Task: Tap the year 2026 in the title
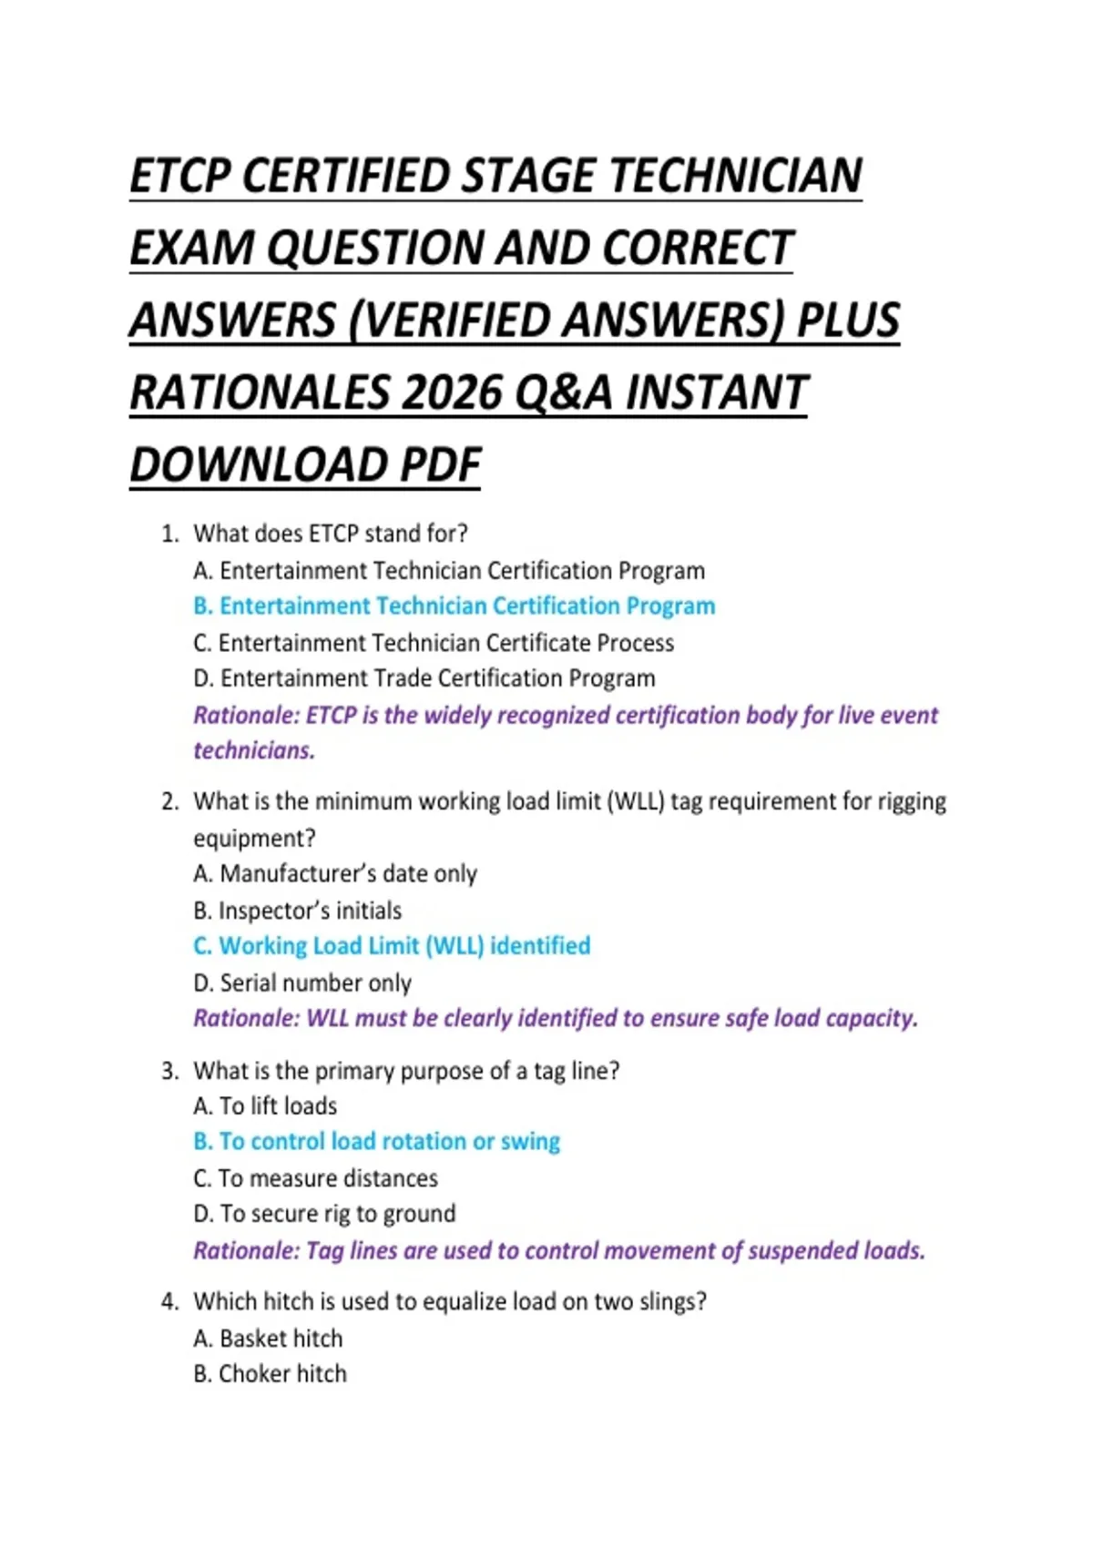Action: (452, 393)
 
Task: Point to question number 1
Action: (169, 534)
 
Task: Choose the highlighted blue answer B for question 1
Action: (454, 606)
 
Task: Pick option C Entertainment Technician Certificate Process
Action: (434, 643)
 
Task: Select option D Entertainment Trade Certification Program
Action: (424, 678)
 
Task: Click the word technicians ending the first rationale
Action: (254, 750)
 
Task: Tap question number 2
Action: (169, 802)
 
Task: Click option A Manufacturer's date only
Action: (335, 874)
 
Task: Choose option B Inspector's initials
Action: (297, 911)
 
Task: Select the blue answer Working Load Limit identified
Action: (392, 946)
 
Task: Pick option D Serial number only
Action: (302, 983)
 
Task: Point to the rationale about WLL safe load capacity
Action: (556, 1018)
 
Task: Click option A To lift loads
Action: (265, 1106)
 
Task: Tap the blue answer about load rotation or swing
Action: (376, 1142)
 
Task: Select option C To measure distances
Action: (315, 1178)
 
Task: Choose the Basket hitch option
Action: (268, 1339)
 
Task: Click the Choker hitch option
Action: (270, 1374)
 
